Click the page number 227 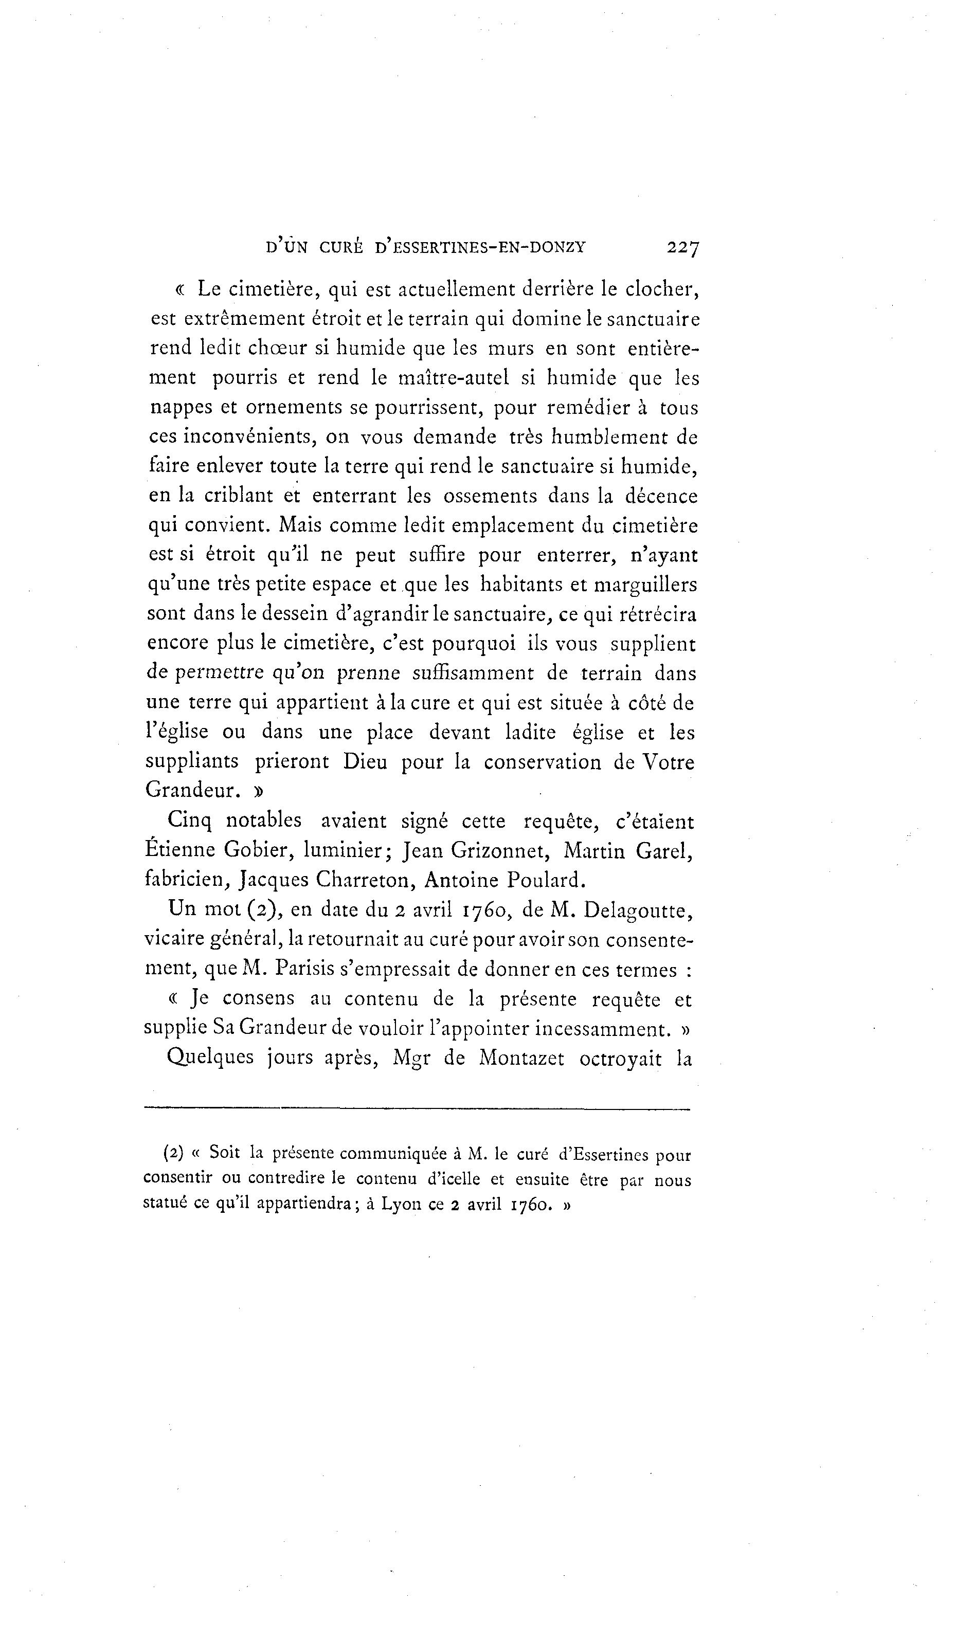coord(682,248)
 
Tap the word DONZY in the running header coord(559,248)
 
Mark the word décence coord(661,496)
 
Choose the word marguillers coord(645,585)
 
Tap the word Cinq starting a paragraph coord(189,822)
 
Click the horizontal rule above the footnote coord(417,1108)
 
